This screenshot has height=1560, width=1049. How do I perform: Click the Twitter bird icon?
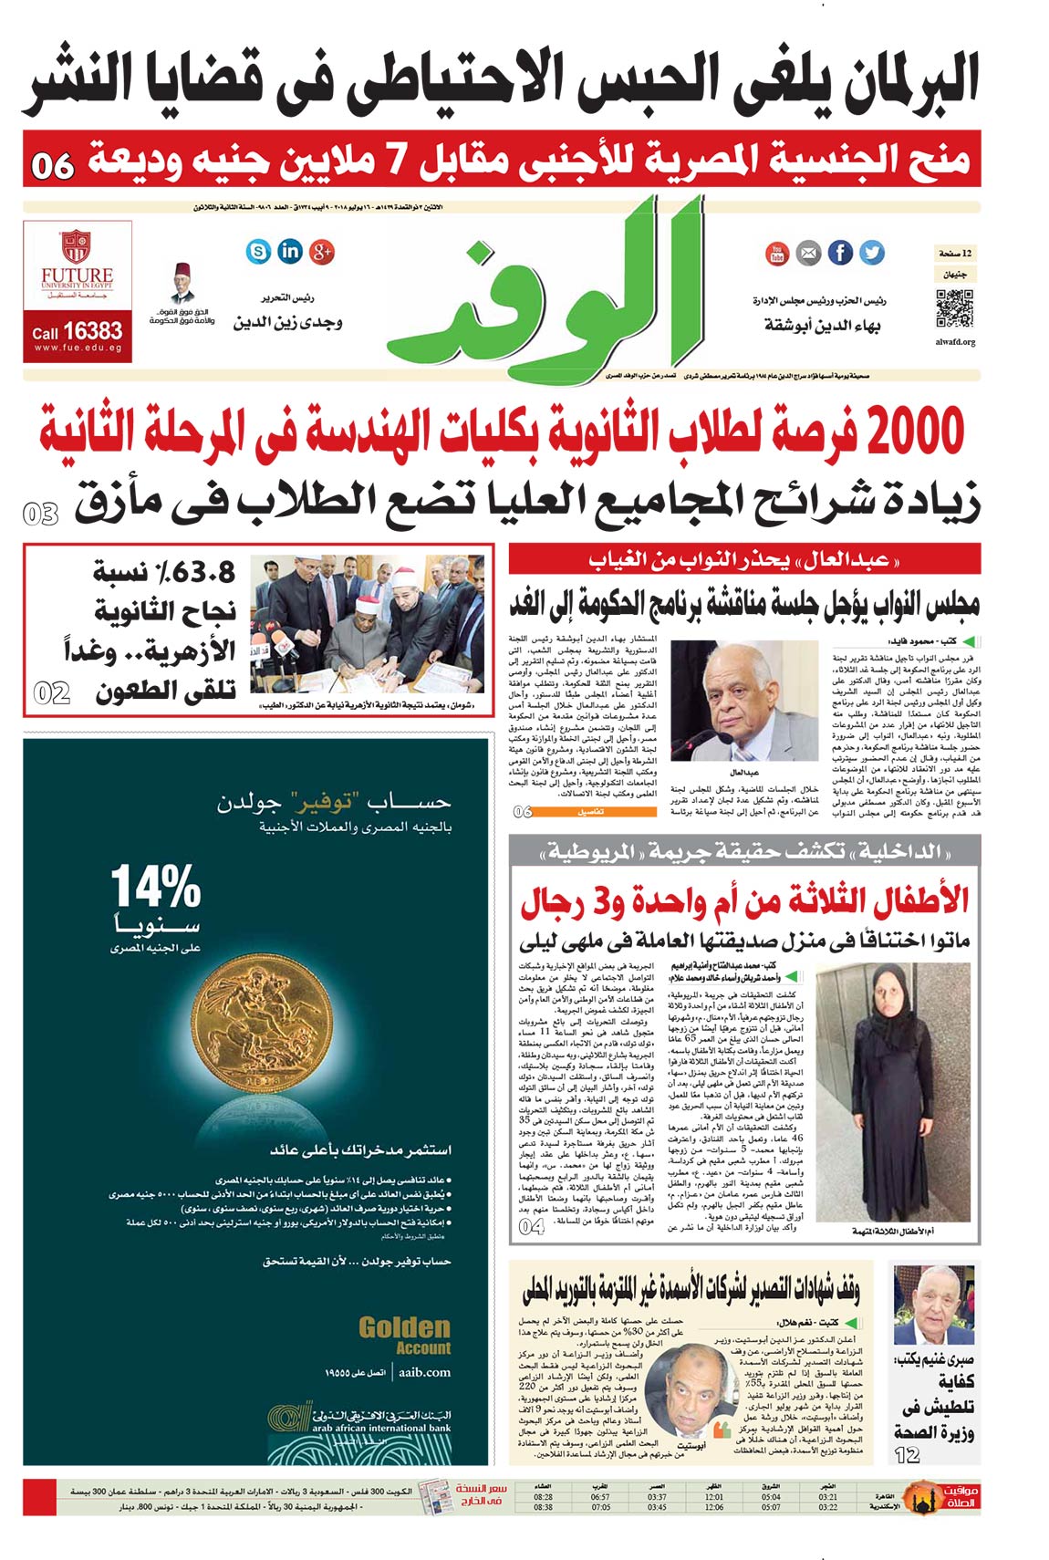click(x=872, y=253)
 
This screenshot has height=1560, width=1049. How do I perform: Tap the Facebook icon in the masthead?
click(x=840, y=253)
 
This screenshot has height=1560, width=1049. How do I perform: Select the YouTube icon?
click(x=777, y=253)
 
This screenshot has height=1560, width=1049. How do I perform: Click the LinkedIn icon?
click(x=290, y=251)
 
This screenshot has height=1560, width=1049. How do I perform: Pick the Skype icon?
click(x=259, y=251)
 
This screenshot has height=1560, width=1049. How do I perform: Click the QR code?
click(x=954, y=308)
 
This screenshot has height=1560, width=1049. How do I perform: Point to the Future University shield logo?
click(x=77, y=247)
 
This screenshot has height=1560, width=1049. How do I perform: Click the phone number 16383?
click(x=92, y=331)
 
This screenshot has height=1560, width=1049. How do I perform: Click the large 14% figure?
click(x=156, y=887)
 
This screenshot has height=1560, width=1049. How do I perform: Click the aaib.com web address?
click(x=424, y=1371)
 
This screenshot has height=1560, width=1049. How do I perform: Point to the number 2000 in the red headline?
click(x=915, y=432)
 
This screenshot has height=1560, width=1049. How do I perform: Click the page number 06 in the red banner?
click(x=53, y=165)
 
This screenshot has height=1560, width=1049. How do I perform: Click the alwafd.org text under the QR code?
click(x=955, y=343)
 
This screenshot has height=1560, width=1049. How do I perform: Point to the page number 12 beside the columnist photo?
click(x=907, y=1454)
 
